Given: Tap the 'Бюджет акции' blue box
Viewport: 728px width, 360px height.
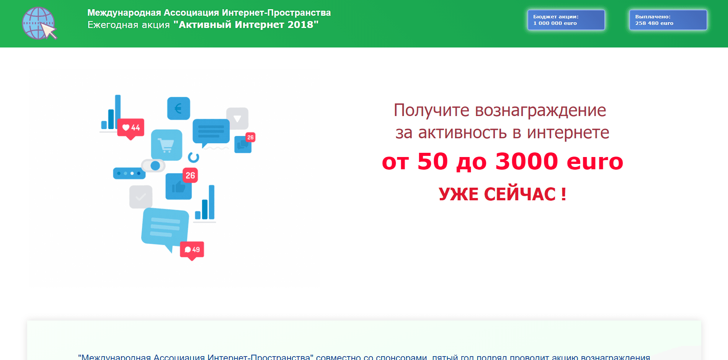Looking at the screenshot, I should [x=566, y=20].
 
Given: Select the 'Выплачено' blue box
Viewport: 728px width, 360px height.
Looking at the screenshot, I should [x=668, y=20].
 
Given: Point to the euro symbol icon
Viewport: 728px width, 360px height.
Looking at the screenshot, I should [x=178, y=108].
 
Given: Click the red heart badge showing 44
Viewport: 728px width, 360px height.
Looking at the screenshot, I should [x=131, y=128].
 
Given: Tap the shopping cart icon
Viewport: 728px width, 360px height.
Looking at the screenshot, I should [x=166, y=145].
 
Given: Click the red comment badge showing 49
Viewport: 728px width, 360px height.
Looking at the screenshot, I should [x=192, y=250].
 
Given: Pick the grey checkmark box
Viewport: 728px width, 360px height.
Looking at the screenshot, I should [x=141, y=197].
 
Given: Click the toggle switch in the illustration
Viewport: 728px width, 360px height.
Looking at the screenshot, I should [x=153, y=165].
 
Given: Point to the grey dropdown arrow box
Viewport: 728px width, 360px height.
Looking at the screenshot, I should [x=237, y=118].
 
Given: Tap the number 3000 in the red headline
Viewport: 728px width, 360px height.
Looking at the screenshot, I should [x=527, y=161].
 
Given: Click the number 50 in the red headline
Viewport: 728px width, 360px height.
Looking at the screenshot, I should [x=433, y=161].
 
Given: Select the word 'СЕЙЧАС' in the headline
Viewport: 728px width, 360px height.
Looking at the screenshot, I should [x=520, y=194].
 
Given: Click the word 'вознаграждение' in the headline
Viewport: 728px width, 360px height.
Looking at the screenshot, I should [x=540, y=110].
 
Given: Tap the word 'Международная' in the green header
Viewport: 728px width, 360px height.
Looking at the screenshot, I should [x=124, y=13].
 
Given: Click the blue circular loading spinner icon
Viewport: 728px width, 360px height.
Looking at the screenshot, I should [x=194, y=157].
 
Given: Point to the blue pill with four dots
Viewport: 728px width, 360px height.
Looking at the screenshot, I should [x=129, y=173].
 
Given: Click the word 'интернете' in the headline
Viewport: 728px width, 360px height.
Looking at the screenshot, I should [x=568, y=133].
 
